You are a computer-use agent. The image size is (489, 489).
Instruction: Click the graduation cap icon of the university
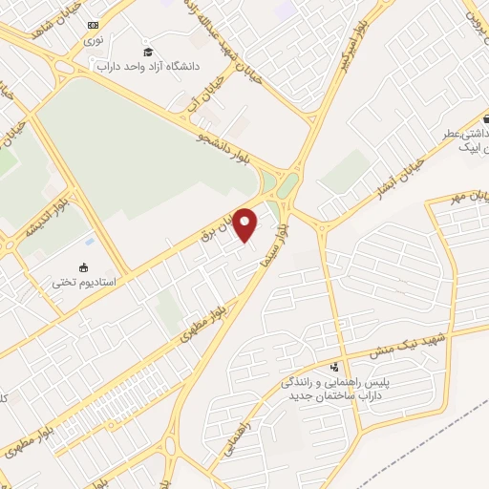[x=148, y=51]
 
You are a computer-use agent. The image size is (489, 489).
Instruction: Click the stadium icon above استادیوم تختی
[x=84, y=266]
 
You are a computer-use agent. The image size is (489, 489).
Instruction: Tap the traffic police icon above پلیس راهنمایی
[x=333, y=367]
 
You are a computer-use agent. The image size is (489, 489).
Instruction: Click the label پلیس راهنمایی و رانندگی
[x=334, y=382]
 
